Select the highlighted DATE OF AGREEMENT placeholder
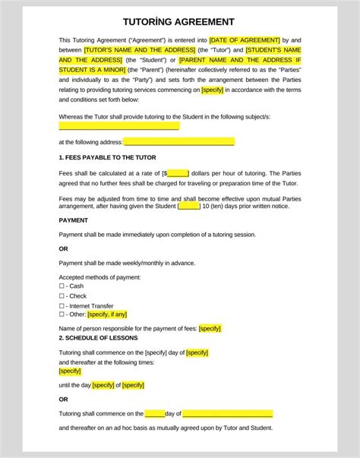(245, 39)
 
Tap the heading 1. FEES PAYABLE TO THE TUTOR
(107, 157)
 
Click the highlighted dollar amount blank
(178, 173)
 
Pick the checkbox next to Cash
(62, 286)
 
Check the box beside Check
(62, 295)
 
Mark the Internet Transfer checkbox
(62, 305)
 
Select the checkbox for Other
(62, 314)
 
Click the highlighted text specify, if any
(107, 314)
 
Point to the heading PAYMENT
(74, 220)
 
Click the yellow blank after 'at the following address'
(178, 142)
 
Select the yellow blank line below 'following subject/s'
(118, 126)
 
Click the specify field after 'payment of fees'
(210, 328)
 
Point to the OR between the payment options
(63, 248)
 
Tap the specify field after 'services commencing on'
(212, 89)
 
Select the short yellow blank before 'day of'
(155, 414)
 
